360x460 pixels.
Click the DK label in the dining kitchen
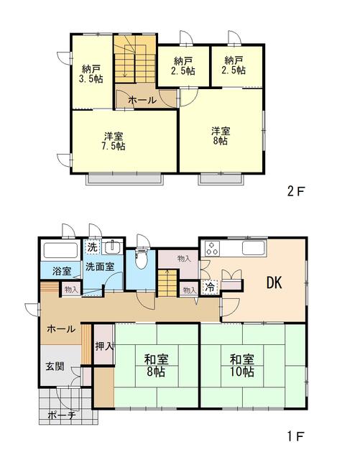(274, 282)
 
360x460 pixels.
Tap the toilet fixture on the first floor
(141, 258)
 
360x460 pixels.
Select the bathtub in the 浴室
(60, 250)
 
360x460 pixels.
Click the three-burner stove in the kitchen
(211, 249)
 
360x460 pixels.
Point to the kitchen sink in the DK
(253, 248)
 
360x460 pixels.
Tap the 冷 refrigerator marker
(210, 287)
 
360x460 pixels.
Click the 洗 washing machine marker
(93, 247)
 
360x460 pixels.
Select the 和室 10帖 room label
(241, 366)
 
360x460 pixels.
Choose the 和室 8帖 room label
(156, 366)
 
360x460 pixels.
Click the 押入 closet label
(104, 346)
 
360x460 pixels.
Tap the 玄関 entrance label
(55, 366)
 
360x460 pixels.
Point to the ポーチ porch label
(62, 415)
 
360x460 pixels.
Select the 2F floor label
(296, 192)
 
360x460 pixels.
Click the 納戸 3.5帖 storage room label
(91, 74)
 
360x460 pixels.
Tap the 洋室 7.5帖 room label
(114, 141)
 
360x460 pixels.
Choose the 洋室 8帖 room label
(221, 136)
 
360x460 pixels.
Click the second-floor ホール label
(142, 101)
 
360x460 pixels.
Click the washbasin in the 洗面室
(112, 247)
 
